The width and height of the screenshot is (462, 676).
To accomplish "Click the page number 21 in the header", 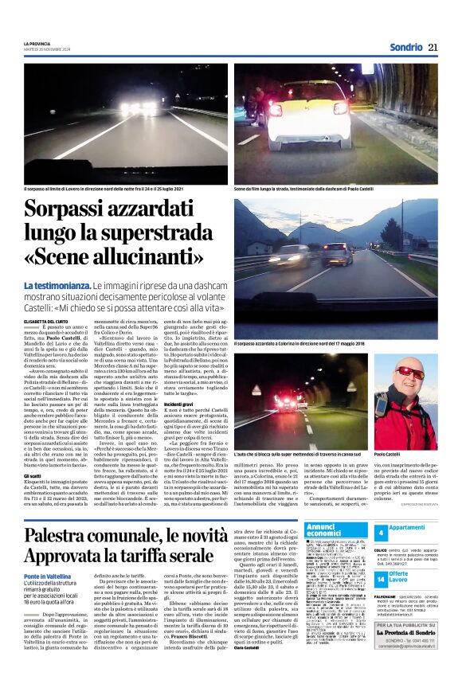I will [433, 47].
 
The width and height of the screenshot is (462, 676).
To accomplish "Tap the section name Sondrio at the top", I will [406, 47].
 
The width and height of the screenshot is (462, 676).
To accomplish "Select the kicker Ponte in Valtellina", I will [45, 576].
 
